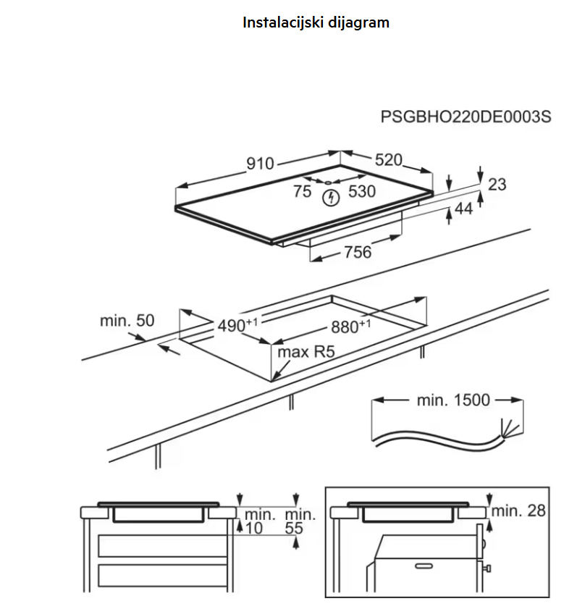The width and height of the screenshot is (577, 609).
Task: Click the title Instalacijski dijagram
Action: tap(316, 22)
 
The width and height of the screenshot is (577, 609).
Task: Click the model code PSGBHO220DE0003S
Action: tap(466, 117)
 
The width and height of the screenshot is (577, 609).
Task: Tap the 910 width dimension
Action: tap(260, 164)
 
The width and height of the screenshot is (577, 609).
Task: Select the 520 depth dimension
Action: tap(388, 161)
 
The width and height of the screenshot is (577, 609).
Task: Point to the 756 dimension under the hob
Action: tap(357, 252)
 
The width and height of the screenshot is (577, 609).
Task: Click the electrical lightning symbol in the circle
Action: tap(332, 196)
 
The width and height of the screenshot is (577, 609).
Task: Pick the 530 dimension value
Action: tap(362, 192)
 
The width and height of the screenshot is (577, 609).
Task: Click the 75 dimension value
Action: tap(303, 192)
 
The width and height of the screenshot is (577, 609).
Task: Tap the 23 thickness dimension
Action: tap(497, 185)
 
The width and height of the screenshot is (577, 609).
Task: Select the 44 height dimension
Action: tap(463, 210)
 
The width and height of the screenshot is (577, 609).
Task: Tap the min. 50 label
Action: tap(127, 320)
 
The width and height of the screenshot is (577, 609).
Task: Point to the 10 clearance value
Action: tap(254, 529)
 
